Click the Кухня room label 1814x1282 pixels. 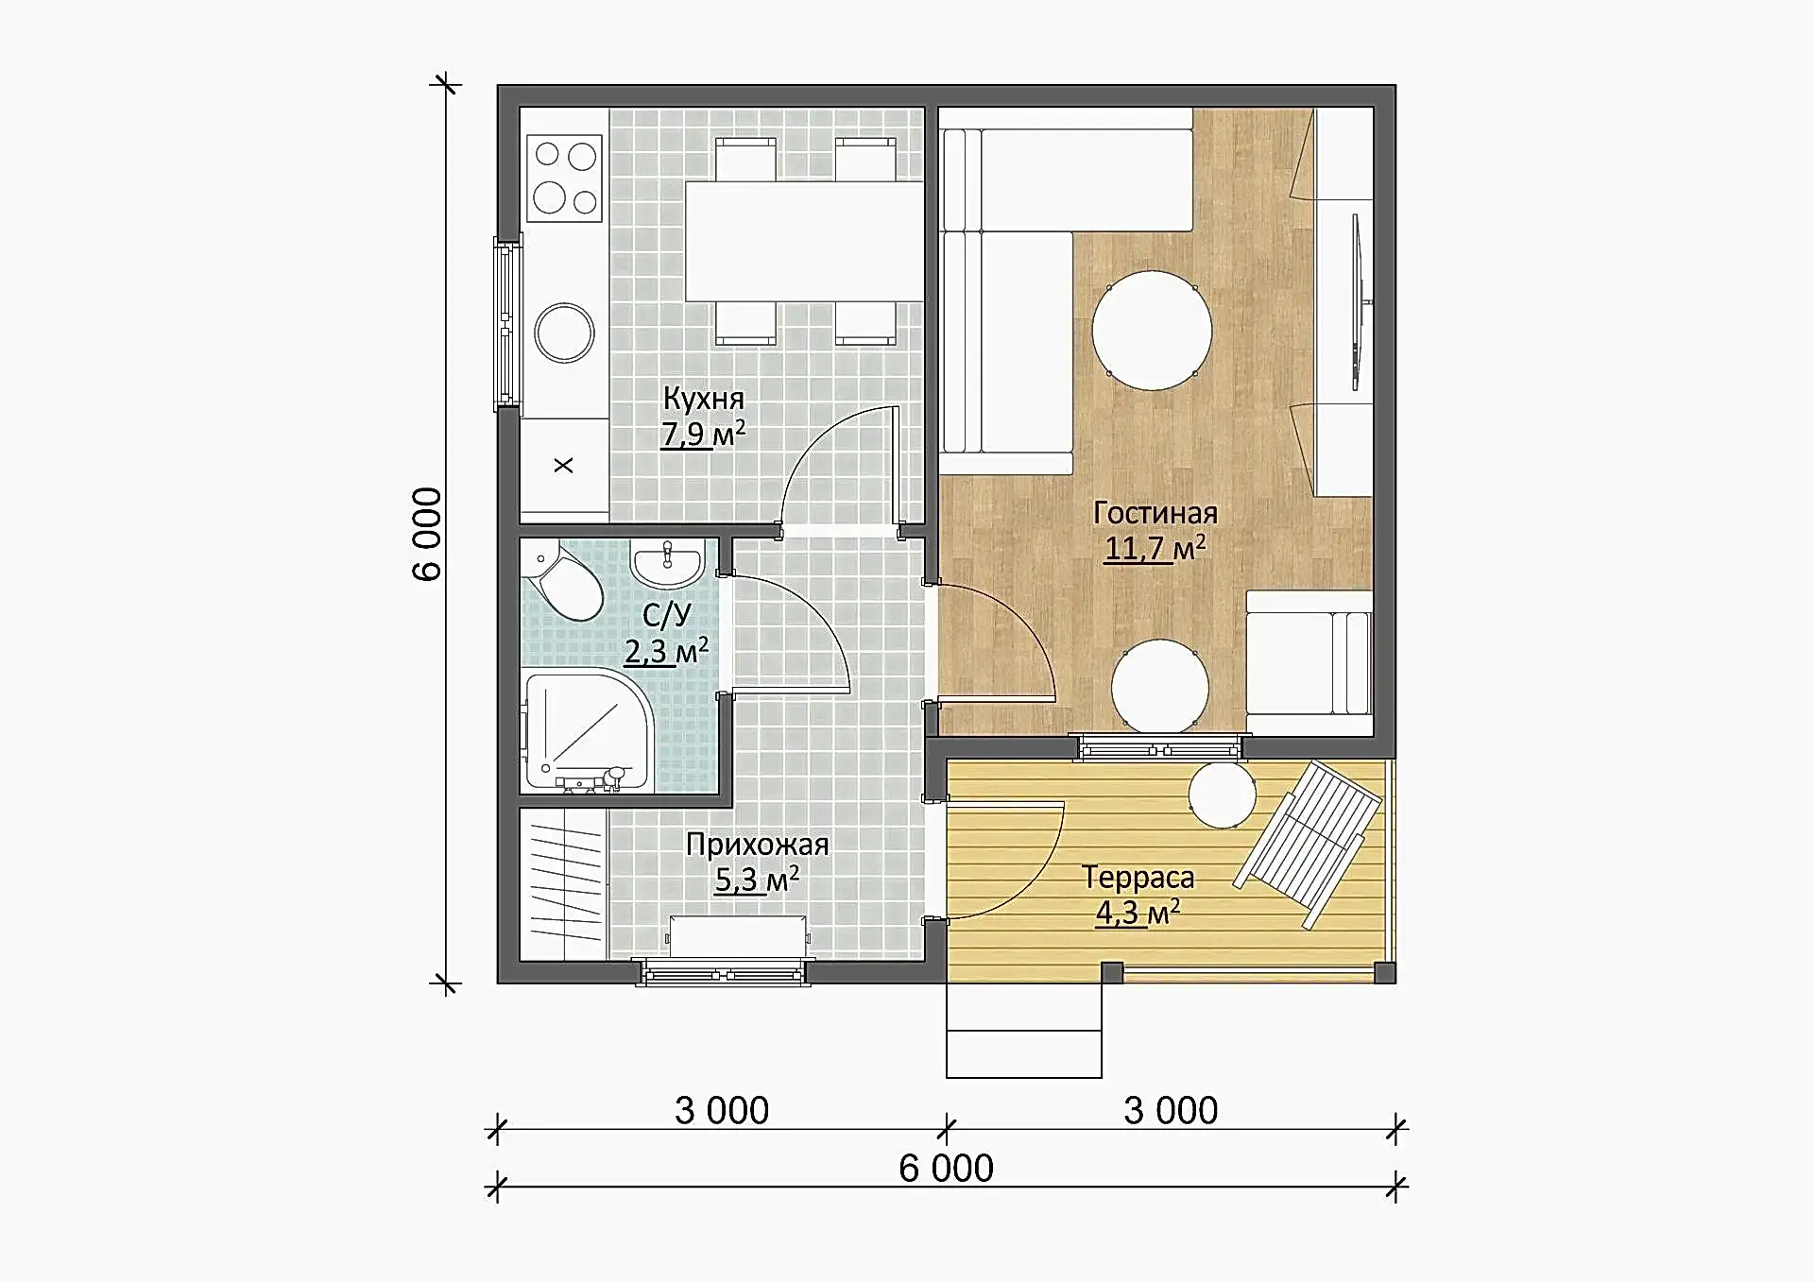coord(704,399)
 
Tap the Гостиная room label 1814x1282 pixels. coord(1155,513)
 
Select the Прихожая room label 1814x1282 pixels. coord(758,845)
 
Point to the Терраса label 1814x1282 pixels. coord(1138,878)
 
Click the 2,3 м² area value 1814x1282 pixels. coord(667,651)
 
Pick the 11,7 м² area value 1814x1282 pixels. coord(1155,548)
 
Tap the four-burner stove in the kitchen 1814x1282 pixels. coord(564,179)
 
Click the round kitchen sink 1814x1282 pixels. coord(564,333)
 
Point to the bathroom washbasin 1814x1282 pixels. coord(667,564)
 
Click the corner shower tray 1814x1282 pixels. coord(588,731)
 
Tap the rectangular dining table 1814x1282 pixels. coord(804,241)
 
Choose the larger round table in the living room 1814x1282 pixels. coord(1152,331)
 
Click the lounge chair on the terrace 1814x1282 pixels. coord(1308,843)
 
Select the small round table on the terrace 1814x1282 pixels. coord(1223,795)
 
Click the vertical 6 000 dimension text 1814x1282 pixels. coord(427,534)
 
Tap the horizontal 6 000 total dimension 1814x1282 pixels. coord(946,1169)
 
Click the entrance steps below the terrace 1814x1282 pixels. coord(1024,1030)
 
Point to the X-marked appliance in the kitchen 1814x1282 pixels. coord(564,466)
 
